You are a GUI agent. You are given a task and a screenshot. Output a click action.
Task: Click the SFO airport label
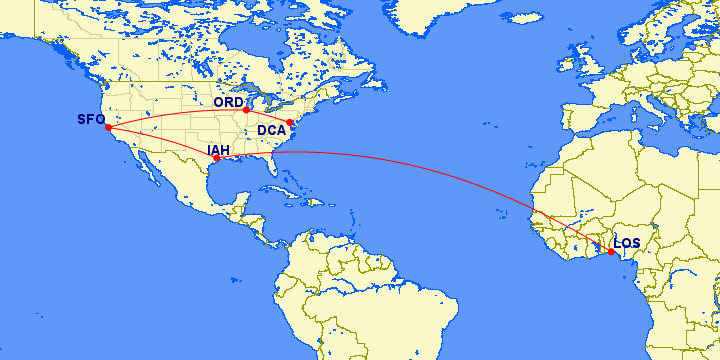(91, 120)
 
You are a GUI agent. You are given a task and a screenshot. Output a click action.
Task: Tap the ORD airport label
(228, 102)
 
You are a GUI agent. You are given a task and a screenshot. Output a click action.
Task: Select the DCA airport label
(271, 130)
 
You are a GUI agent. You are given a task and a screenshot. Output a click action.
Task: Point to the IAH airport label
(218, 151)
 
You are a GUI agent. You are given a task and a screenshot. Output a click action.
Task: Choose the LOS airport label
(627, 243)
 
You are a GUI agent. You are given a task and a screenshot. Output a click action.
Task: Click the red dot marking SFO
(108, 127)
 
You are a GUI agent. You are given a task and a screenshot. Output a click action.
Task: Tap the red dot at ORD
(246, 110)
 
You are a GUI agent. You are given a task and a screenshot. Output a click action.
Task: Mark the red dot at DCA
(290, 123)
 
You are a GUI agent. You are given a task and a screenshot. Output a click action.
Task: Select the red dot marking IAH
(217, 158)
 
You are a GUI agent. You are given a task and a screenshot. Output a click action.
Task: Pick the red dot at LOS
(611, 251)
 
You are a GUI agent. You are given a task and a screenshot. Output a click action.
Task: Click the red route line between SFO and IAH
(160, 143)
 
